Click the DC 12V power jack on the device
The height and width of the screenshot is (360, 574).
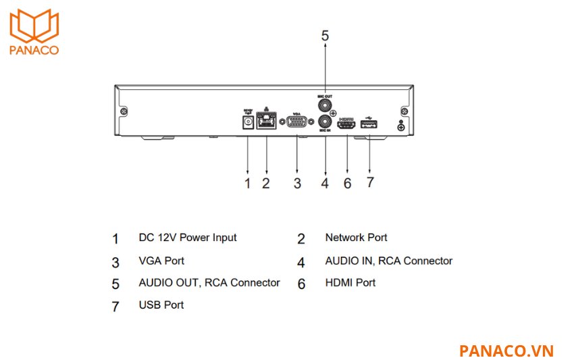(247, 122)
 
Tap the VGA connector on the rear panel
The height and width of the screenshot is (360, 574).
(296, 123)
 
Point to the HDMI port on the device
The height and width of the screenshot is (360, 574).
(347, 124)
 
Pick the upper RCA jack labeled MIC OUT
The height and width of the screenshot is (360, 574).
(325, 106)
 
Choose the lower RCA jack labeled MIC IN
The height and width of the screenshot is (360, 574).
(325, 122)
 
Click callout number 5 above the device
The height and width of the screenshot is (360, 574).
(325, 36)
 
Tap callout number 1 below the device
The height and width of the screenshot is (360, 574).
(247, 183)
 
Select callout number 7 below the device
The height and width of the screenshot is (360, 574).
(370, 183)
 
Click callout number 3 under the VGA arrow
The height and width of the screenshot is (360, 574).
(296, 183)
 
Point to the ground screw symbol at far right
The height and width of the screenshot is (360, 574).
(401, 126)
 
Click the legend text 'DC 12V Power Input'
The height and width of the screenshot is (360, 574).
(188, 238)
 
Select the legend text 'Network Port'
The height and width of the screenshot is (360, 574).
(356, 238)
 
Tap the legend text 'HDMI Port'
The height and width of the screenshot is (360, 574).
(350, 282)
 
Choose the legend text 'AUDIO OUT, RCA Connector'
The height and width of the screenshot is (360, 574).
(209, 282)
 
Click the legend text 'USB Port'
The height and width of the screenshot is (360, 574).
(161, 305)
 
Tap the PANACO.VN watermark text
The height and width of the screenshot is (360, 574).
(506, 351)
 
